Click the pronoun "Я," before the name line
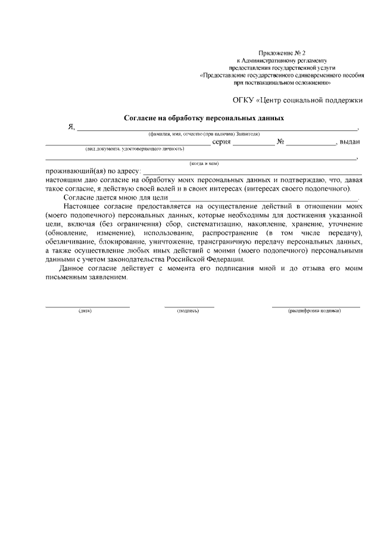pyautogui.click(x=71, y=127)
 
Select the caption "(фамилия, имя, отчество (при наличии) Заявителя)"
pyautogui.click(x=204, y=134)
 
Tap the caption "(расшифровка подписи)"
pyautogui.click(x=315, y=311)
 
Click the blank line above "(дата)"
pyautogui.click(x=88, y=306)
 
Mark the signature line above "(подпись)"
pyautogui.click(x=189, y=306)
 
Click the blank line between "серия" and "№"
pyautogui.click(x=254, y=145)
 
